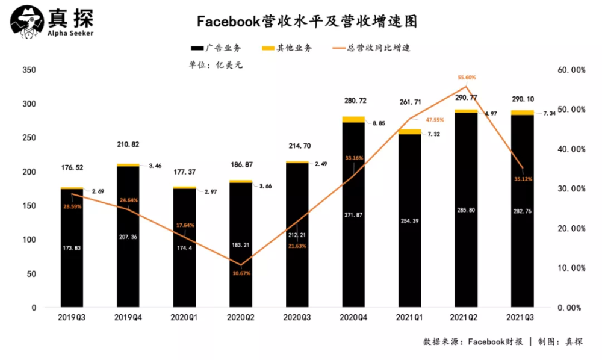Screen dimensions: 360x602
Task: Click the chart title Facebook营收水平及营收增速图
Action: pos(307,22)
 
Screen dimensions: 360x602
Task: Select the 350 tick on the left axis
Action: pos(29,70)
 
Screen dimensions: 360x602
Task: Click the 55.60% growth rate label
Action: pos(467,78)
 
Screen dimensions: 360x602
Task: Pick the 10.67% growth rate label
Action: pos(241,273)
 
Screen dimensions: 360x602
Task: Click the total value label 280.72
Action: pos(353,100)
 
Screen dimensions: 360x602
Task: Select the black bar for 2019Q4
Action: pos(128,235)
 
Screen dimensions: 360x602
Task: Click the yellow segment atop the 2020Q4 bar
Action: pos(353,119)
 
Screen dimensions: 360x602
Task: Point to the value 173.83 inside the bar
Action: pos(72,248)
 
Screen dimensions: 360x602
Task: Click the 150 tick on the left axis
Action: pos(29,206)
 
